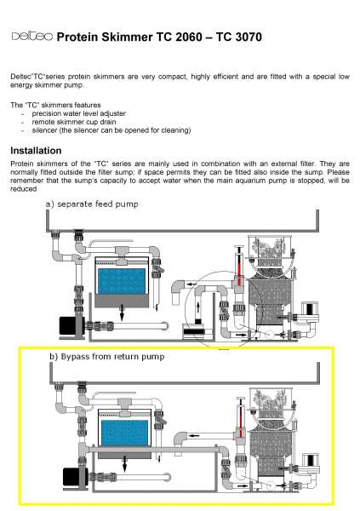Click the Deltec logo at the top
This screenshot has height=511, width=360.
[x=32, y=36]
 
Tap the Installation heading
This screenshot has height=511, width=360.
[x=36, y=151]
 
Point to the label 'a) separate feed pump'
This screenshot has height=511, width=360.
[x=92, y=204]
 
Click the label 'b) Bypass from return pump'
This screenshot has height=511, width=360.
[x=107, y=357]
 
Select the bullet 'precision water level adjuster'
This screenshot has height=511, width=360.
[x=78, y=113]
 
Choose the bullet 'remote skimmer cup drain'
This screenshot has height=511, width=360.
[x=74, y=122]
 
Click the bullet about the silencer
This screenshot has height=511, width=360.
[x=111, y=130]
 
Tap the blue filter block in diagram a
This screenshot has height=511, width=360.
[x=122, y=282]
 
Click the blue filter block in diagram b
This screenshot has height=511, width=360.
[x=125, y=433]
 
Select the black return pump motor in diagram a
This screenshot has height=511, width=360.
[x=68, y=326]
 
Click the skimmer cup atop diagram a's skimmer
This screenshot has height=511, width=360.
[x=269, y=250]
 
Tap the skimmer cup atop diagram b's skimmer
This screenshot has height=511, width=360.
[x=271, y=401]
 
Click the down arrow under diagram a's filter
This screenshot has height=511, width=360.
[x=122, y=313]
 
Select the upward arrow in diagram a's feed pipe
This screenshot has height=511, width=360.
[x=198, y=308]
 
